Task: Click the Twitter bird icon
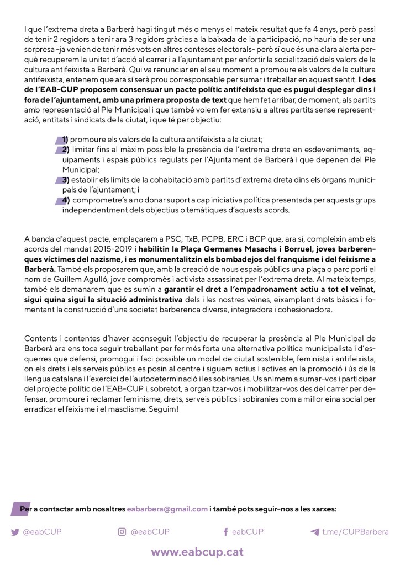(15, 532)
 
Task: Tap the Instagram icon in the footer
(122, 532)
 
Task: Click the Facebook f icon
(225, 532)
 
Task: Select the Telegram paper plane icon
(315, 532)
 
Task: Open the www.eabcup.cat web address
(197, 552)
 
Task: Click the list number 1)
(65, 139)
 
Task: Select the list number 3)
(65, 180)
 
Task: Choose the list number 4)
(65, 200)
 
